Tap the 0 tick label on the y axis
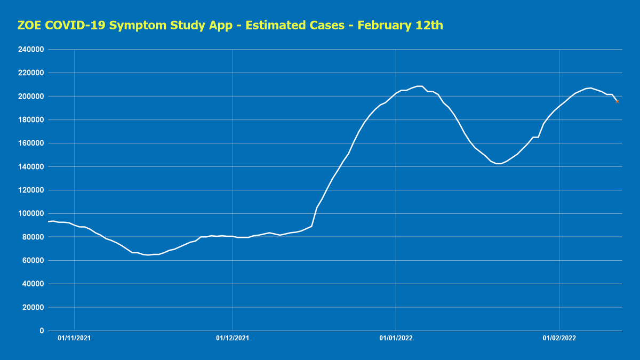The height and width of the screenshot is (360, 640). point(42,331)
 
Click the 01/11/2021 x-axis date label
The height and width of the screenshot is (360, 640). point(74,338)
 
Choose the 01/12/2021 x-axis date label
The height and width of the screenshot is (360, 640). point(233,338)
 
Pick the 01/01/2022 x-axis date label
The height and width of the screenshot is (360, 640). point(396,338)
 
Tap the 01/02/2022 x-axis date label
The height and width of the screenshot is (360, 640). point(559,338)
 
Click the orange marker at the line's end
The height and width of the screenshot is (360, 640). point(617,101)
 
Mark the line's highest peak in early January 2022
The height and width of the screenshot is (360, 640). point(419,86)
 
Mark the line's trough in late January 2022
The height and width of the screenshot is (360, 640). point(499,164)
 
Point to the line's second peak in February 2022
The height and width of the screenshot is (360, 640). point(590,88)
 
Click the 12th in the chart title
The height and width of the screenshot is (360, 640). point(430,26)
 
